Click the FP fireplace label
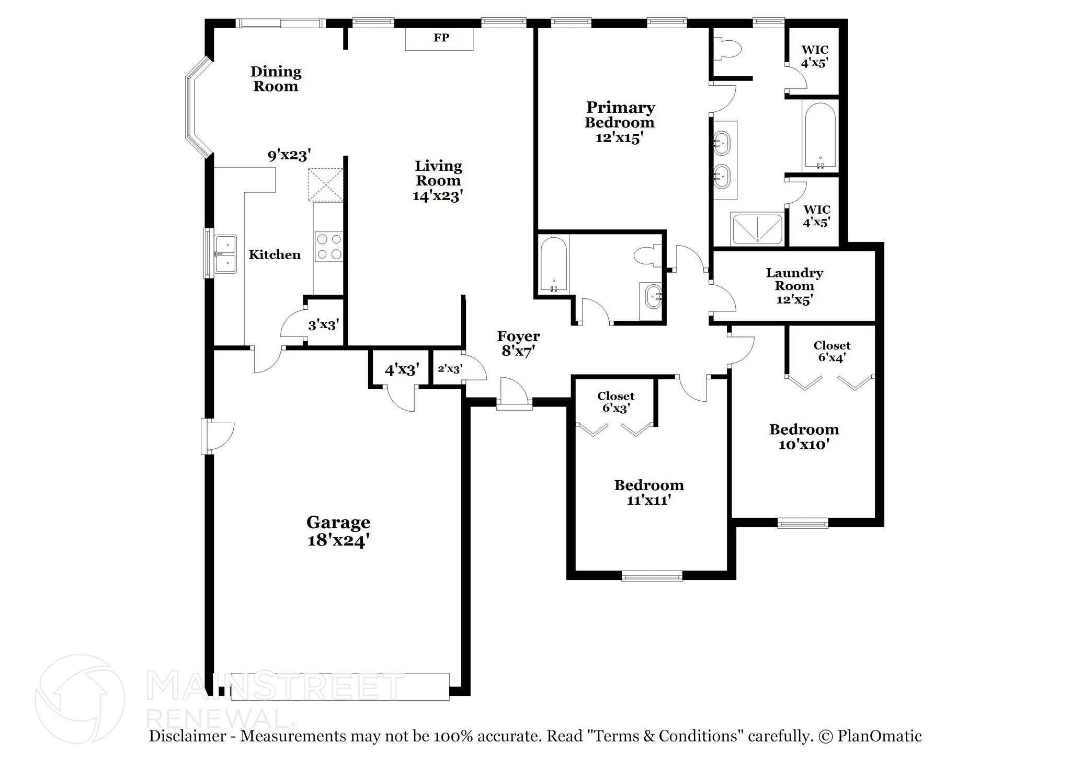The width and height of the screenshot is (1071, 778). [x=441, y=38]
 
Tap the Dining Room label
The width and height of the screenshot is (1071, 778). [x=276, y=79]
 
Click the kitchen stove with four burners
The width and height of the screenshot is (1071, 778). [x=329, y=247]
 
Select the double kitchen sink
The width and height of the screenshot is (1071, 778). [x=225, y=254]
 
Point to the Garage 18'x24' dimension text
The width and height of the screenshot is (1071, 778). [x=339, y=540]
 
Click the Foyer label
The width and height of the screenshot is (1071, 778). [x=518, y=336]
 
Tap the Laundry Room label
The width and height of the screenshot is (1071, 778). [x=794, y=279]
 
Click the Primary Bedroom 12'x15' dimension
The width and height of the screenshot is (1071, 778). [x=620, y=137]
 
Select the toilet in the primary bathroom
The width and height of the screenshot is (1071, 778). [x=727, y=49]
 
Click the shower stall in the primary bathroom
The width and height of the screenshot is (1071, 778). [x=757, y=229]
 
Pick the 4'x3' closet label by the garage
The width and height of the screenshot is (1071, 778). [x=403, y=370]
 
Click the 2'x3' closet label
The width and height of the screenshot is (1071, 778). [x=450, y=369]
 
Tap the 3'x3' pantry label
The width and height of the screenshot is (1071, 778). [x=324, y=325]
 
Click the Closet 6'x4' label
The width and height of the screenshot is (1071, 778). [x=832, y=352]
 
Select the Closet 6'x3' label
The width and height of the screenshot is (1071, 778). [x=616, y=402]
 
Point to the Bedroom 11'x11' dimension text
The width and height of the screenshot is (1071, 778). [x=649, y=500]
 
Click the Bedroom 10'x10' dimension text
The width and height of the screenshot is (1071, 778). [x=804, y=444]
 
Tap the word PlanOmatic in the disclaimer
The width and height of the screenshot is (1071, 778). [x=880, y=736]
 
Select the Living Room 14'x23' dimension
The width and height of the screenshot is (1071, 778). [x=438, y=196]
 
